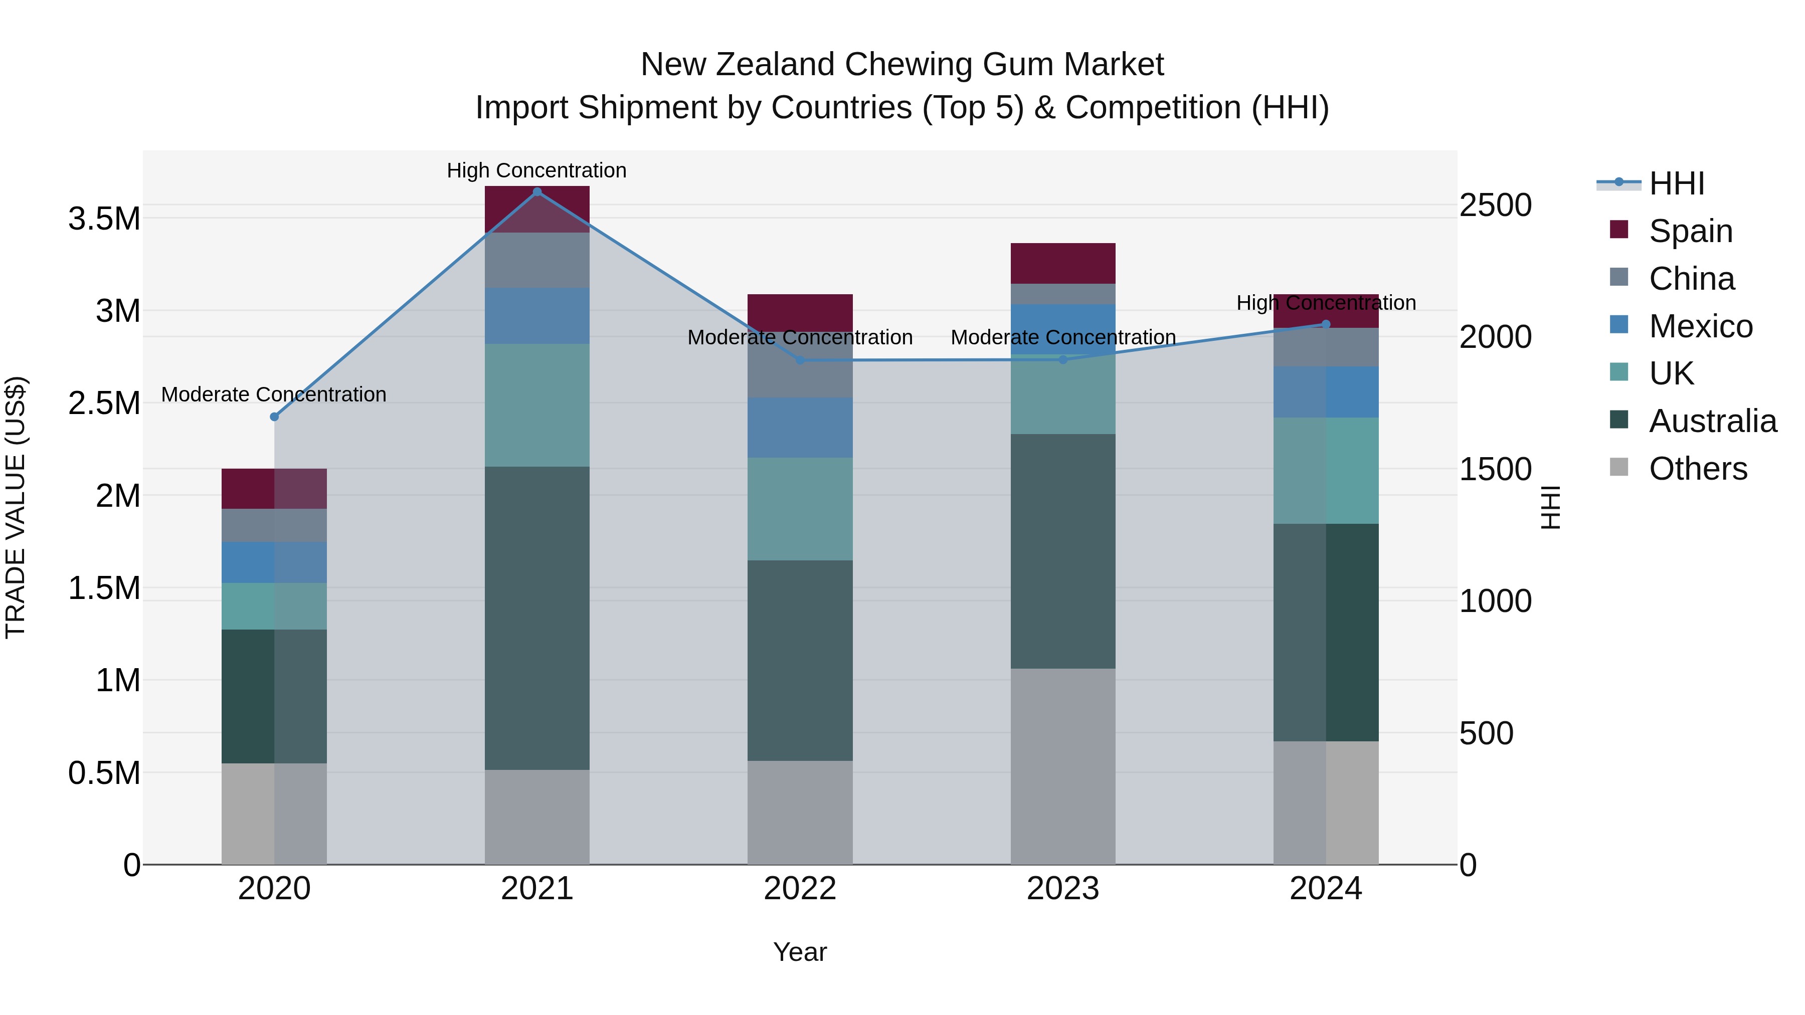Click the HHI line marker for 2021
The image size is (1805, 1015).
click(536, 192)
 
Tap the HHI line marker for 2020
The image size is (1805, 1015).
click(274, 417)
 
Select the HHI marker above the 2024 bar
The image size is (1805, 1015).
click(1325, 324)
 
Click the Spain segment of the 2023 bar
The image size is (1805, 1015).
click(1062, 263)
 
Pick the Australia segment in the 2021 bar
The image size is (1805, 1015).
click(536, 618)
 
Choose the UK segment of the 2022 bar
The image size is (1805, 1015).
click(800, 509)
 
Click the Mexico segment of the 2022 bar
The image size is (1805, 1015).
click(800, 427)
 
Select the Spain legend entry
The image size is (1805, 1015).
click(1690, 231)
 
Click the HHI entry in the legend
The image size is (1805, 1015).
click(1676, 183)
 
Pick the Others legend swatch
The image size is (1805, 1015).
click(1618, 467)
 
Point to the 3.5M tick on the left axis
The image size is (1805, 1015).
click(104, 219)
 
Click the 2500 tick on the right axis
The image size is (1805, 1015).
click(1495, 205)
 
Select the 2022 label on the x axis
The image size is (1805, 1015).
click(800, 889)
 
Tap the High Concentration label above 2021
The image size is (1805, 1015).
click(536, 170)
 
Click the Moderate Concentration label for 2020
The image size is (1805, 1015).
click(273, 394)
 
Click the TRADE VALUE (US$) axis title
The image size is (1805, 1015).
click(16, 507)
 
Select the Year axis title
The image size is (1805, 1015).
click(800, 952)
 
